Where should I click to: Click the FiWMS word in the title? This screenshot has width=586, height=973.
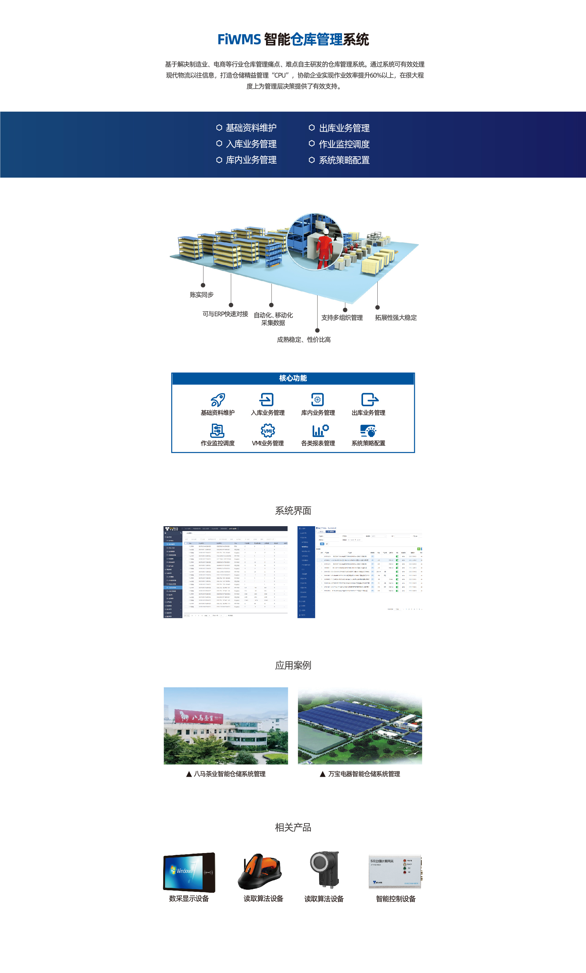[x=239, y=39]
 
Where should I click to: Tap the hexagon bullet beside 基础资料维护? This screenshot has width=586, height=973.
[x=219, y=128]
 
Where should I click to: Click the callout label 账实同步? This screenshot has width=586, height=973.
[x=201, y=295]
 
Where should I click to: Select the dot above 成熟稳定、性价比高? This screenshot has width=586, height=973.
[x=317, y=330]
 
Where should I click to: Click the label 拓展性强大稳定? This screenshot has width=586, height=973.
[x=395, y=317]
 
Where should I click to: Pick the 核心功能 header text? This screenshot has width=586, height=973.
[x=293, y=378]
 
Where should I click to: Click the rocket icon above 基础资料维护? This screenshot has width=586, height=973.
[x=218, y=400]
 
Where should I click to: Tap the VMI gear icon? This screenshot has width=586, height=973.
[x=268, y=430]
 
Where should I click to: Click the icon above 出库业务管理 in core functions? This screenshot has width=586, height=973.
[x=369, y=400]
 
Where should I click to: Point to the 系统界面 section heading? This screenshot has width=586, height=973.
[x=293, y=511]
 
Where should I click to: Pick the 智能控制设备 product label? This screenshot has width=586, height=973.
[x=395, y=899]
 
